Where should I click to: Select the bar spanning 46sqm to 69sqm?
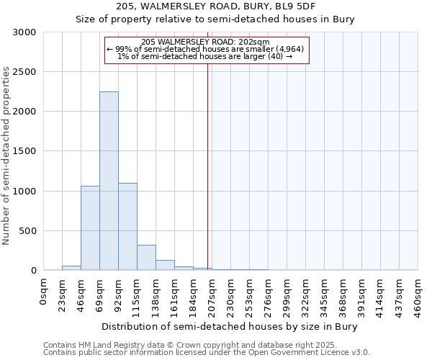point(90,228)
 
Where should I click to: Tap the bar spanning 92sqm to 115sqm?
point(127,227)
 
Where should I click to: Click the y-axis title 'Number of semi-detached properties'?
point(7,156)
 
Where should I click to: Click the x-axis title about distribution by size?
point(230,326)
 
